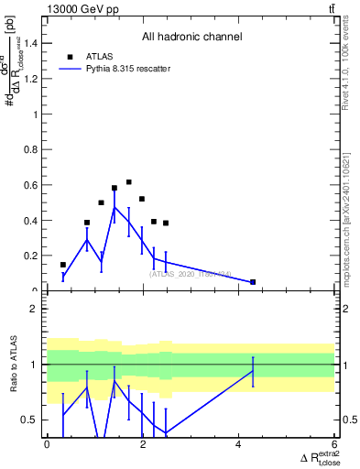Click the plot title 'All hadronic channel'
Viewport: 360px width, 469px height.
click(191, 38)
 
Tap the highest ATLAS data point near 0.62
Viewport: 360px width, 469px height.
click(129, 182)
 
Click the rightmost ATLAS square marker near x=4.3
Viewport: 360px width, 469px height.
click(253, 281)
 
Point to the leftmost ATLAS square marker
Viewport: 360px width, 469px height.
click(62, 265)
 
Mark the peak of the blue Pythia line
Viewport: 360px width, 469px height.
click(115, 208)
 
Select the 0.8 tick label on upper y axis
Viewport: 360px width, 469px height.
click(29, 150)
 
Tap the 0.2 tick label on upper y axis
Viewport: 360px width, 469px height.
click(29, 256)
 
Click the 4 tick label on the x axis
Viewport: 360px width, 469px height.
click(238, 443)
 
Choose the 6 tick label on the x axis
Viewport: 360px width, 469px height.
click(333, 443)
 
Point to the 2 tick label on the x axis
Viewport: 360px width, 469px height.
click(143, 443)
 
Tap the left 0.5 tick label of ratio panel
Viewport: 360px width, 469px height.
click(29, 420)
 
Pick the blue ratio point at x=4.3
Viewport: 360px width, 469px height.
click(253, 370)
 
